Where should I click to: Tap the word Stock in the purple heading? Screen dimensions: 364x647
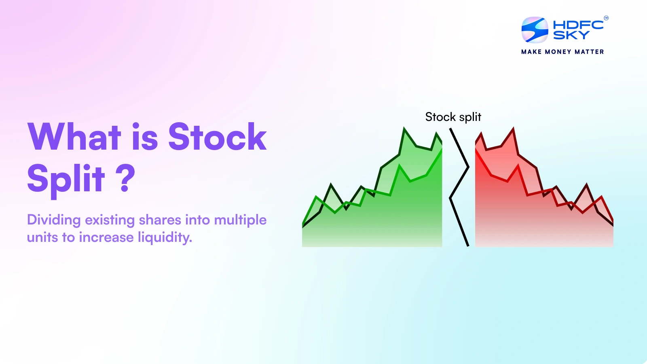click(x=217, y=137)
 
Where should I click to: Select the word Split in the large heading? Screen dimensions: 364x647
click(x=66, y=178)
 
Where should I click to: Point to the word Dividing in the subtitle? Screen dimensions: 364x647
click(x=54, y=220)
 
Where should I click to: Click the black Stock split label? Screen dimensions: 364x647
click(x=453, y=117)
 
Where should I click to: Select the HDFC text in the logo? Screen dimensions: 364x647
click(x=578, y=25)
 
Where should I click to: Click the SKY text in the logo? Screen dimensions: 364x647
click(x=571, y=35)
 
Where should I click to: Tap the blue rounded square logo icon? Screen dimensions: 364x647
click(x=535, y=30)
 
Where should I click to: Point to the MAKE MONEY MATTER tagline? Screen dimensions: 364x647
click(x=562, y=52)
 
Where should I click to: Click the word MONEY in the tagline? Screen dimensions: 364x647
click(x=558, y=52)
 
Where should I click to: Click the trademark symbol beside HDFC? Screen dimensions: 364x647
click(x=606, y=18)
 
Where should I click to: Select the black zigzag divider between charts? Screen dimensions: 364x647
click(x=459, y=186)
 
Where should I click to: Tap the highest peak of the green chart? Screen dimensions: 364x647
click(x=404, y=129)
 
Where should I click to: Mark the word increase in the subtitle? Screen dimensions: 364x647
click(x=106, y=237)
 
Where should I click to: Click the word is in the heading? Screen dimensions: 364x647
click(x=144, y=137)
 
